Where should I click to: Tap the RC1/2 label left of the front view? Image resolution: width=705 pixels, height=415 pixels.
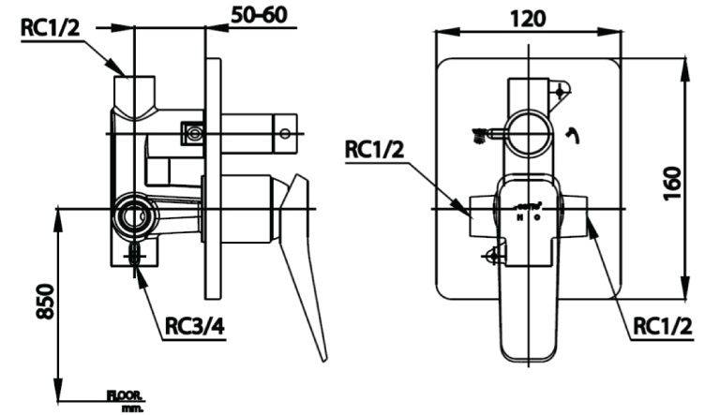click(x=375, y=149)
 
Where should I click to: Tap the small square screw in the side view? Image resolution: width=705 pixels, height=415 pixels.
click(x=194, y=133)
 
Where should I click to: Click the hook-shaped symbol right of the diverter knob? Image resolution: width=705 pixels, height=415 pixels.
click(x=572, y=138)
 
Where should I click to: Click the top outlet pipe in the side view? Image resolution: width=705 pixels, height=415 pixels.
click(x=133, y=92)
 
